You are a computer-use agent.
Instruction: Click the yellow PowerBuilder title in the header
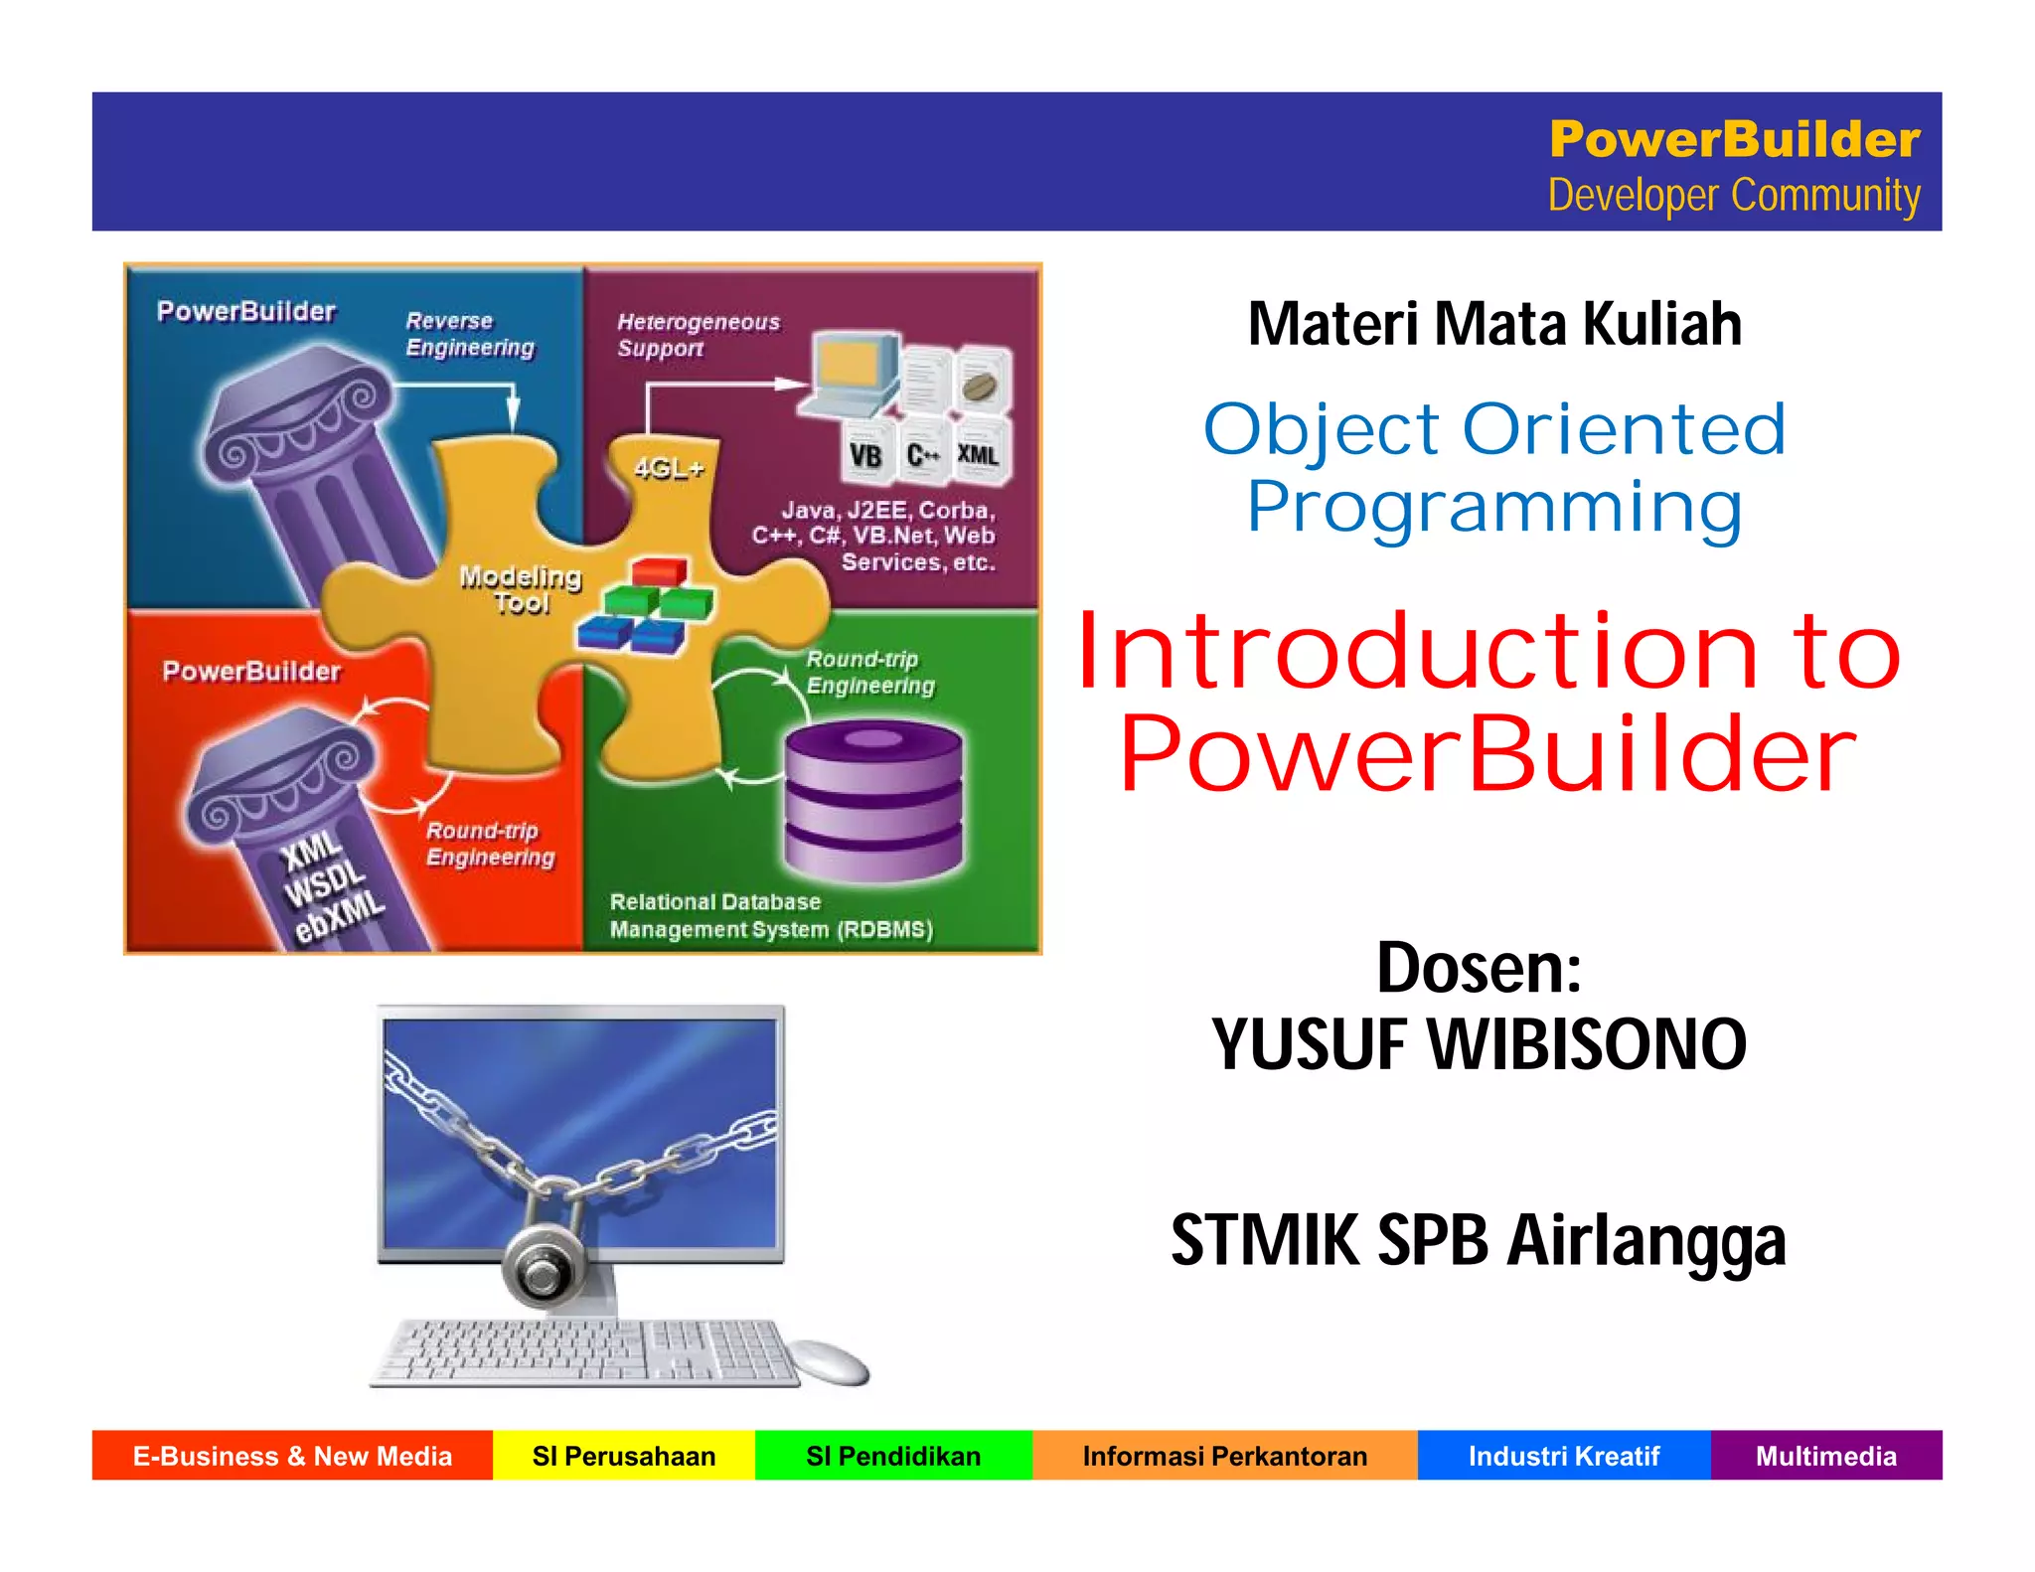tap(1734, 139)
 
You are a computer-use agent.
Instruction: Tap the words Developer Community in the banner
tap(1734, 196)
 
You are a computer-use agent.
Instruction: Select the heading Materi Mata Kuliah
tap(1494, 324)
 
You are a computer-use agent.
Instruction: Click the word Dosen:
tap(1479, 968)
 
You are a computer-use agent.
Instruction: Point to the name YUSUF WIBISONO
tap(1479, 1045)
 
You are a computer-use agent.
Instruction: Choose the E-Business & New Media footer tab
tap(292, 1456)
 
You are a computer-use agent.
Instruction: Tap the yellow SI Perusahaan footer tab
tap(624, 1456)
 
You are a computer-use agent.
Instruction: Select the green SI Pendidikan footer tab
tap(893, 1456)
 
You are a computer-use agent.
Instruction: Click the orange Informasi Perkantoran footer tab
tap(1224, 1456)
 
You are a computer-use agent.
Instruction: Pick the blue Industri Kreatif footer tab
tap(1564, 1456)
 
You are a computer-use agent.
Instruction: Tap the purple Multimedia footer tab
tap(1825, 1456)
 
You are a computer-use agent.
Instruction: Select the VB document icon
tap(865, 453)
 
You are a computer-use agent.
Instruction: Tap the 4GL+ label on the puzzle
tap(669, 468)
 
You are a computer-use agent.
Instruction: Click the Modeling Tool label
tap(521, 589)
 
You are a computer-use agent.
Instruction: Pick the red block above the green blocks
tap(659, 571)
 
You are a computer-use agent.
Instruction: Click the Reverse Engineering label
tap(470, 335)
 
